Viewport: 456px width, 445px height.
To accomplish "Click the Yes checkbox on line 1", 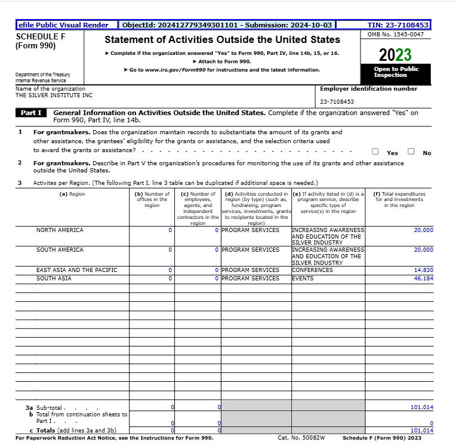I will pos(374,152).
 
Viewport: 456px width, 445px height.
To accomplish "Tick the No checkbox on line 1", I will pos(411,152).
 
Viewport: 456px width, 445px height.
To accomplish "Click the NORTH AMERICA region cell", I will pos(60,230).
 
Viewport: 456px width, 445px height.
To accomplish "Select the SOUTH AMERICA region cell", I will pos(60,250).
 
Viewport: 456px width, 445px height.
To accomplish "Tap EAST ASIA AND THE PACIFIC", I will pos(77,270).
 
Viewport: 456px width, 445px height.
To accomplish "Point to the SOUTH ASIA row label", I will pos(54,279).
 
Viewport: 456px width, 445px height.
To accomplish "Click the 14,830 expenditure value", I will pos(423,270).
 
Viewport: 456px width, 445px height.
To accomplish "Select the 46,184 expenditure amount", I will pos(423,279).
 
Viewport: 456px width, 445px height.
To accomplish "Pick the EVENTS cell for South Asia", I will pos(303,279).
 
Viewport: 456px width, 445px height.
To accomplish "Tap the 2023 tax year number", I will pos(395,55).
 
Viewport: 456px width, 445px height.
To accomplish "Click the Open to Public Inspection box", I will pos(396,72).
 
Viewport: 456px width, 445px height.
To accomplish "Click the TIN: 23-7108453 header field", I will pos(398,25).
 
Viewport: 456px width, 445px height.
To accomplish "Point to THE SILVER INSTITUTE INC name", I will pos(54,95).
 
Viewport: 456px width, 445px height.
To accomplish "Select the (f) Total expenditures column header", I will pos(399,200).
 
